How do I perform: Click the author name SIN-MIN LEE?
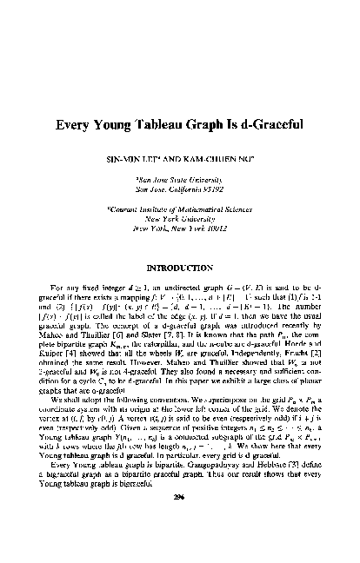click(134, 161)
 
